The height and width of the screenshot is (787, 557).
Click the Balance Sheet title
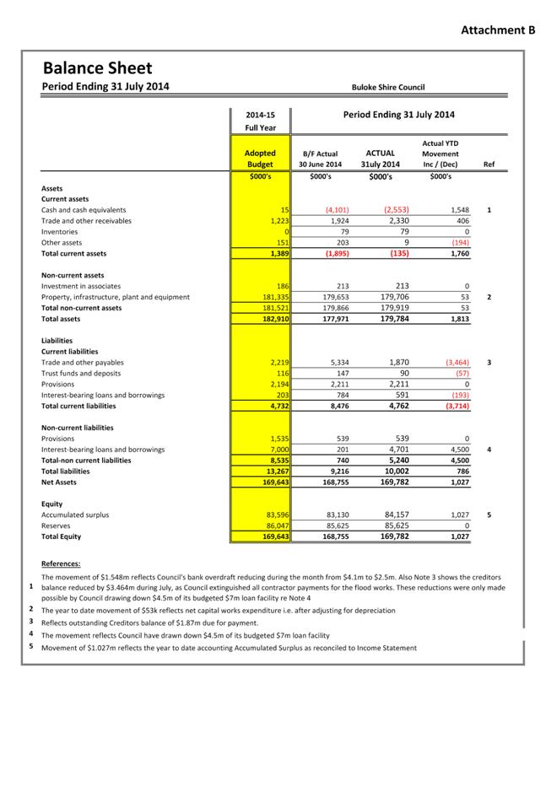(x=97, y=67)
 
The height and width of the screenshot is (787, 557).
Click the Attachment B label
(x=498, y=30)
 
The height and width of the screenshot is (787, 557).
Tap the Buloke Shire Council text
(x=388, y=87)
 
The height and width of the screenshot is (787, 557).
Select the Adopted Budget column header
(x=260, y=159)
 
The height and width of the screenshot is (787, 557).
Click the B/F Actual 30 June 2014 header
(x=321, y=159)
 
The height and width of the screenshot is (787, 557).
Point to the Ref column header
(x=489, y=164)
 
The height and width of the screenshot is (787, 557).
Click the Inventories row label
(x=59, y=232)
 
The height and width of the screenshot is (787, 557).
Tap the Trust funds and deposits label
(x=81, y=374)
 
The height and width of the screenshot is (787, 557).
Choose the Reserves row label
(x=57, y=526)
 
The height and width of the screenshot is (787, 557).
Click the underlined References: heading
(x=61, y=563)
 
